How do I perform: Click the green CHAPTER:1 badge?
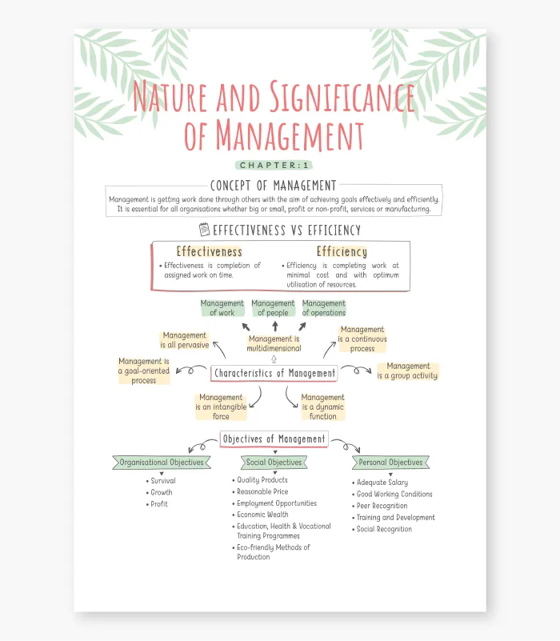[x=274, y=165]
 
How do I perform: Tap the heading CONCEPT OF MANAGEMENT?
[x=273, y=186]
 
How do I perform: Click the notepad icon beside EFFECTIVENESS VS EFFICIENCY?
[x=204, y=230]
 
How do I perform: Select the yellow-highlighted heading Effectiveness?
[x=210, y=251]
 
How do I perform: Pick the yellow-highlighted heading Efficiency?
[x=342, y=251]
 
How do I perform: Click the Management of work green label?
[x=222, y=308]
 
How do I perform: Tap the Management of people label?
[x=273, y=308]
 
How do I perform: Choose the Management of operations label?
[x=324, y=308]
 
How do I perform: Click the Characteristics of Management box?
[x=274, y=373]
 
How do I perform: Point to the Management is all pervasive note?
[x=184, y=340]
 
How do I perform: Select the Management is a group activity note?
[x=407, y=371]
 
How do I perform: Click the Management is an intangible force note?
[x=221, y=407]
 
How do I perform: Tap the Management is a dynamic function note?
[x=323, y=407]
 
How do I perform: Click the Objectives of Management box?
[x=274, y=439]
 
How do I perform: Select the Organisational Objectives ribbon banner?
[x=162, y=463]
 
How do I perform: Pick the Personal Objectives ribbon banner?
[x=390, y=463]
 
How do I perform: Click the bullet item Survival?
[x=161, y=481]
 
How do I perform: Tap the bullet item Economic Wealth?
[x=260, y=515]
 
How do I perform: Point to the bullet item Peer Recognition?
[x=380, y=506]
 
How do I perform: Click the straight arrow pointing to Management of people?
[x=275, y=326]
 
